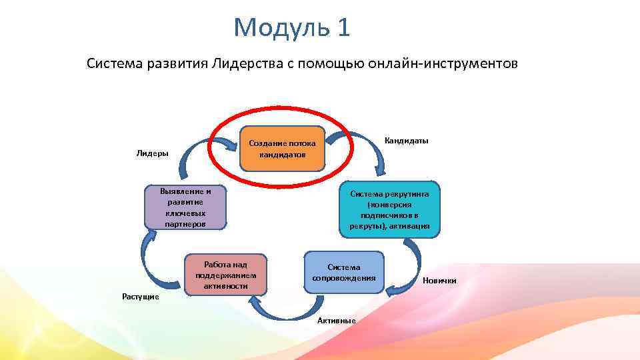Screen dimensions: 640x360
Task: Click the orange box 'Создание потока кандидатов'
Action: click(283, 148)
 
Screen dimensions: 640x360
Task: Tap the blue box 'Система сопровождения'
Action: click(344, 272)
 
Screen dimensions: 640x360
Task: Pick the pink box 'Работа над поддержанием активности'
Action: click(225, 273)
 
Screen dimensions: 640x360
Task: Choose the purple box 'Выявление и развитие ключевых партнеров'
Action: click(185, 207)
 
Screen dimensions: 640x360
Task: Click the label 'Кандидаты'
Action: click(407, 141)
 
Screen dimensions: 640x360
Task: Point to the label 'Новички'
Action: click(439, 281)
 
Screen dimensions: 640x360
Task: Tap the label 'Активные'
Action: click(336, 321)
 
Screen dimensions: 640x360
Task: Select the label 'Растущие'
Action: click(140, 296)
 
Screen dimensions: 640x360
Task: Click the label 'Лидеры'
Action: click(153, 153)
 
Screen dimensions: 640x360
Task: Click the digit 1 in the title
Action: click(343, 28)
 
